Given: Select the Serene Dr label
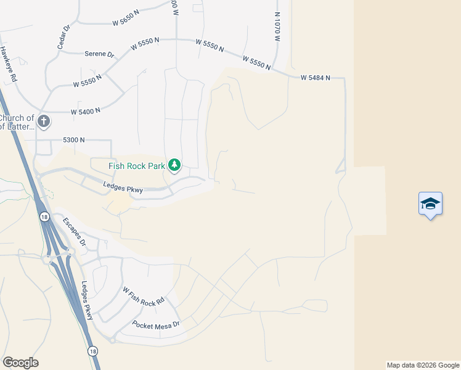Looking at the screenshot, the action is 99,54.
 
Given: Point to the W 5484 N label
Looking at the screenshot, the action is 316,78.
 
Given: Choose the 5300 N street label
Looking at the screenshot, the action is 73,141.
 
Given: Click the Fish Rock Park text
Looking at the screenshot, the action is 137,165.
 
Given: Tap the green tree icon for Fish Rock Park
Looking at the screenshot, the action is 175,165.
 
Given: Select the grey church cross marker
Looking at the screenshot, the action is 43,121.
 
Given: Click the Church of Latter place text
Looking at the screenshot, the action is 17,122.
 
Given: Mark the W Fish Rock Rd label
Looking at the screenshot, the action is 143,294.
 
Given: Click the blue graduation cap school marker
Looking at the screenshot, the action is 430,205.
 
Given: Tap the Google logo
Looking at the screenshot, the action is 20,363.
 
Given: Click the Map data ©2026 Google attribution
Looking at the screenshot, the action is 423,365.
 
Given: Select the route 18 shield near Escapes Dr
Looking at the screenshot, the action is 44,216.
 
